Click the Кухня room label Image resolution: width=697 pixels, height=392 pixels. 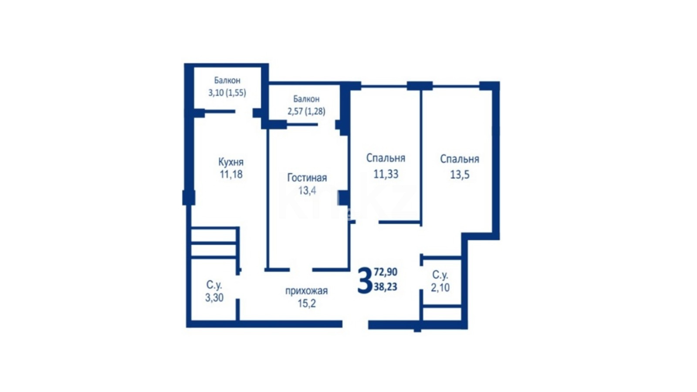pos(231,162)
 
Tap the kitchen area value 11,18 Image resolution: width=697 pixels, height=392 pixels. pos(231,175)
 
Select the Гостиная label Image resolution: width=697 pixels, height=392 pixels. pos(307,178)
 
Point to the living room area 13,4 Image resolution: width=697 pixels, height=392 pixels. pos(308,190)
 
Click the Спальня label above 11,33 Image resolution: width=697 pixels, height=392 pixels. pos(386,158)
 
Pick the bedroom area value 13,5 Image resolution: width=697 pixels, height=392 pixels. pos(460,175)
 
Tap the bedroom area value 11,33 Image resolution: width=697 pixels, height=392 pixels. pos(386,174)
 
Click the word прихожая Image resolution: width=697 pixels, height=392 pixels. pos(307,291)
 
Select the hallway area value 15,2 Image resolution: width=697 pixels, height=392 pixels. pos(307,303)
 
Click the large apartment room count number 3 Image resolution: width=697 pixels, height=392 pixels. pos(365,280)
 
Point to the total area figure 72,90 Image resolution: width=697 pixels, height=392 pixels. pos(386,272)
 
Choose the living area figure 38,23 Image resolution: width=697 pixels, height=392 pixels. pos(386,287)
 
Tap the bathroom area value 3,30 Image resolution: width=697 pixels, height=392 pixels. pos(214,298)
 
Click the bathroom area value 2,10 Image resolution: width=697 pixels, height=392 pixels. pos(440,287)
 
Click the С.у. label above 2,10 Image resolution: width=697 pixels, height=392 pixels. pos(440,275)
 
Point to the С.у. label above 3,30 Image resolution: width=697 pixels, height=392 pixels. pos(214,285)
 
